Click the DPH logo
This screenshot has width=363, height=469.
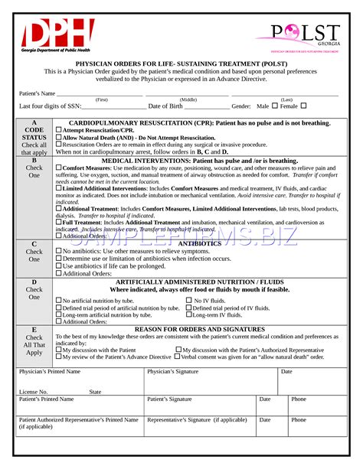[57, 35]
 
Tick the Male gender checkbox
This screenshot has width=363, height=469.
[273, 106]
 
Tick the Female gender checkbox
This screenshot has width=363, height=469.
[303, 106]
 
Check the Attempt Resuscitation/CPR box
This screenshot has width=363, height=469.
[59, 131]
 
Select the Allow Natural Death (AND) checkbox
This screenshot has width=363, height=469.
[59, 138]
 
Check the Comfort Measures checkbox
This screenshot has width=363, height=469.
[59, 168]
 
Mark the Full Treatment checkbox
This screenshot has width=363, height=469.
[59, 223]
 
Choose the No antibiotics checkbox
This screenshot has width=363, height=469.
[59, 251]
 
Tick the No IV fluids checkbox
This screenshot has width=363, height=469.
[188, 301]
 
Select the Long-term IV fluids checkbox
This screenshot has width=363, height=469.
[188, 315]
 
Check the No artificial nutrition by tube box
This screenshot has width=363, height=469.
[59, 301]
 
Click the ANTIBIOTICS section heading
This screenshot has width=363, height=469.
[199, 243]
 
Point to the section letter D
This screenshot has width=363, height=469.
[34, 282]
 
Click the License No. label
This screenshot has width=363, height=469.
[33, 391]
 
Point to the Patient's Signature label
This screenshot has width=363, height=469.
[169, 399]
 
